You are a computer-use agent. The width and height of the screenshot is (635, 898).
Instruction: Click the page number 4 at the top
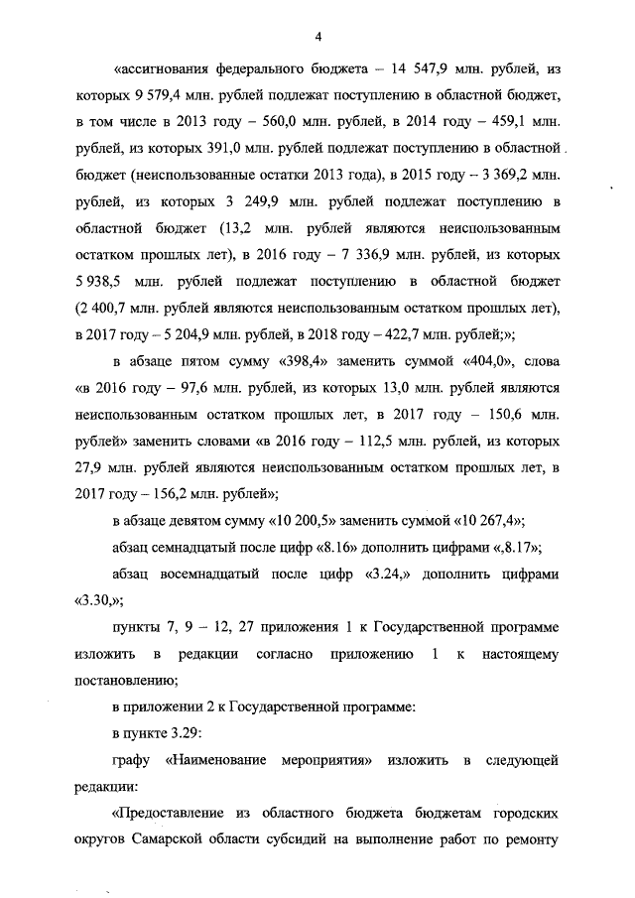click(x=317, y=37)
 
